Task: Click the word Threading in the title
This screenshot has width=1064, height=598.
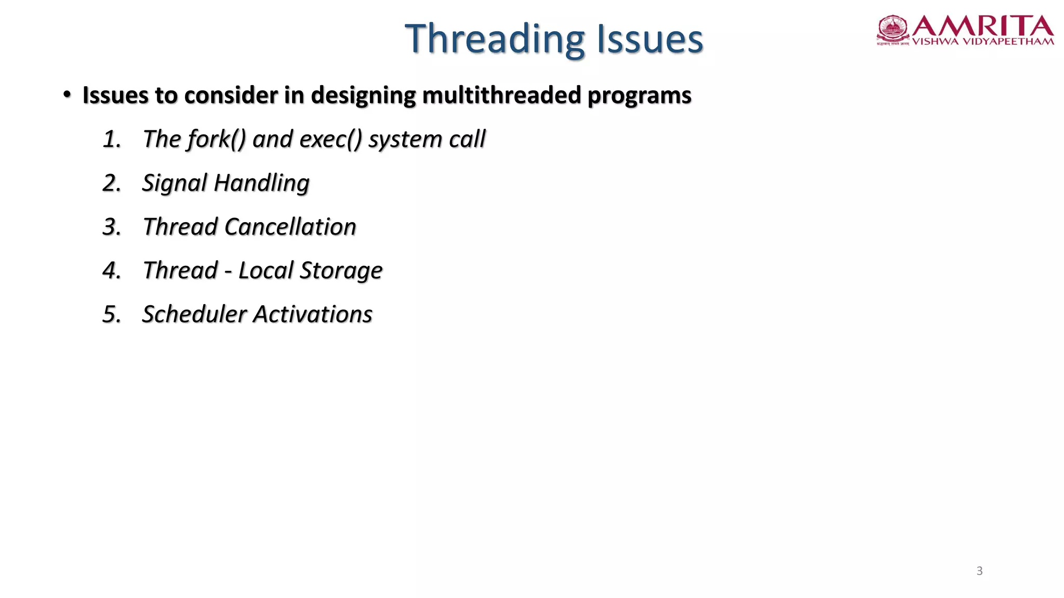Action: pos(495,39)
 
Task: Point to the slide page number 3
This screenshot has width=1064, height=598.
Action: pos(979,571)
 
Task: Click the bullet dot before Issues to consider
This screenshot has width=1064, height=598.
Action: pos(66,94)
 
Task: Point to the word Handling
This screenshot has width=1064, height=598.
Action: pos(262,183)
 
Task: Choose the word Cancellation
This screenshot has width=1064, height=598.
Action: pos(290,227)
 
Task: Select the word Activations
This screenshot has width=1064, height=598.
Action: pos(313,314)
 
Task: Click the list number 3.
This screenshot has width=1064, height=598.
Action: pos(111,227)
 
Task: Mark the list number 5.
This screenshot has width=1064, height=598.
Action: pos(111,314)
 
